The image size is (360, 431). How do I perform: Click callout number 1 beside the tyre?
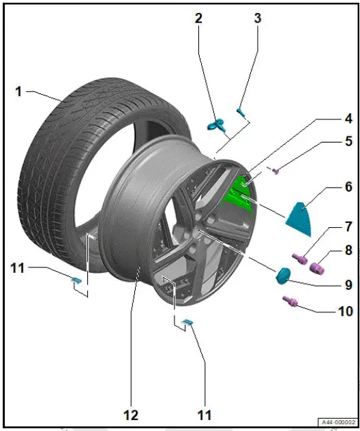19,90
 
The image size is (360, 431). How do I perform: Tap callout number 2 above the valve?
198,19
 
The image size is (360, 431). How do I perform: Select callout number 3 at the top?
257,18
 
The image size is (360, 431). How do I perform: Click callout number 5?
329,142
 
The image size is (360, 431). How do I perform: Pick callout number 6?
329,186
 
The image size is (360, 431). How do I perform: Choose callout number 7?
329,226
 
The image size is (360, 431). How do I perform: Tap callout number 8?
329,251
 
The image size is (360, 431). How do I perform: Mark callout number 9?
329,284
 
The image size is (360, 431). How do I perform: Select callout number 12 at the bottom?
130,415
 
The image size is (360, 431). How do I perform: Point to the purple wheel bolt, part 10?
289,299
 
